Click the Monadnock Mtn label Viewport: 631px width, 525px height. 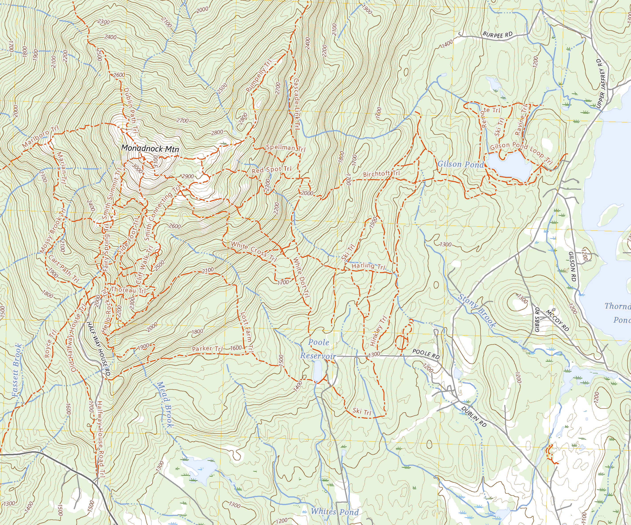[150, 149]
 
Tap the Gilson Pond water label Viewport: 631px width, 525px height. [460, 164]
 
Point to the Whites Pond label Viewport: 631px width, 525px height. [334, 511]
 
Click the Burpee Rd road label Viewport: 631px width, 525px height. [497, 35]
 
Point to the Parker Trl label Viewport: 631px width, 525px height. [207, 349]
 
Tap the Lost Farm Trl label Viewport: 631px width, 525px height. [247, 332]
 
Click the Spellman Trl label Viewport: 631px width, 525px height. [285, 148]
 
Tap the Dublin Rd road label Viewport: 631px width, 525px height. [474, 416]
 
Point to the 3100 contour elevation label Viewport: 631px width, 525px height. [155, 161]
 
